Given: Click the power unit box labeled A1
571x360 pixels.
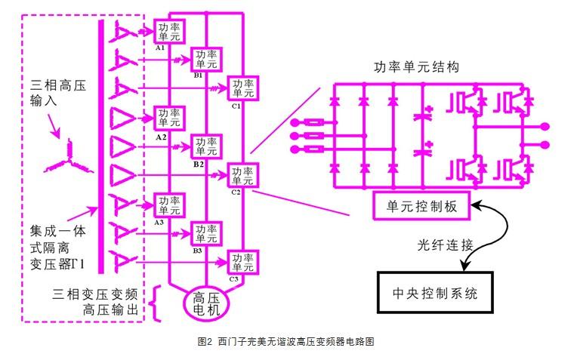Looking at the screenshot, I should (167, 30).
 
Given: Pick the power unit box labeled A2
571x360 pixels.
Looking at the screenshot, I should (167, 118).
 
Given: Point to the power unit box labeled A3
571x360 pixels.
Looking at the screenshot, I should (167, 205).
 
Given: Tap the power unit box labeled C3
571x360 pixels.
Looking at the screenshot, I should (243, 262).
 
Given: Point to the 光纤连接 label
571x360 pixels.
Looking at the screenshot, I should (446, 245).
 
